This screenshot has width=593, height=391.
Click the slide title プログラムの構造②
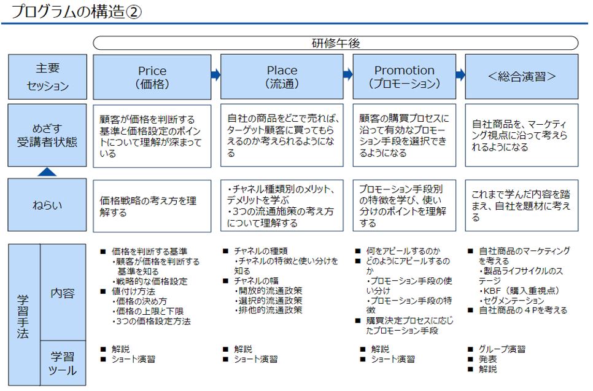tap(77, 12)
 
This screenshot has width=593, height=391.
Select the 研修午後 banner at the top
tap(335, 43)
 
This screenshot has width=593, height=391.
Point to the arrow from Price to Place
tap(215, 75)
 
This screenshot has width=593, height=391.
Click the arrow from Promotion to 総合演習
tap(460, 75)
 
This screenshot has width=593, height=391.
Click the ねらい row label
tap(47, 205)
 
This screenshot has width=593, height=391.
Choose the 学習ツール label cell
tap(63, 363)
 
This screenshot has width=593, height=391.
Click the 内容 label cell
tap(63, 293)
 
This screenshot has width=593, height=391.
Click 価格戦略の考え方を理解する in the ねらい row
tap(148, 206)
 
